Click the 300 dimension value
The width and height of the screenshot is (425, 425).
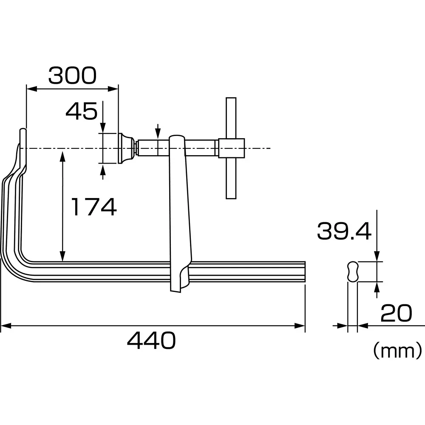click(72, 76)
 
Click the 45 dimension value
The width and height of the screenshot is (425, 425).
click(81, 111)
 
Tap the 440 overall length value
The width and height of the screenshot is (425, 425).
click(152, 340)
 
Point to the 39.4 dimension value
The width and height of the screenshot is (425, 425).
click(344, 232)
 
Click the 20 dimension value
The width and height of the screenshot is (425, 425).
click(396, 314)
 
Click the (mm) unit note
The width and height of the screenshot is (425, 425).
click(397, 351)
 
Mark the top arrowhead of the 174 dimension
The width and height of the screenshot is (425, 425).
click(62, 155)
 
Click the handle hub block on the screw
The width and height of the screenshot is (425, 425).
click(231, 148)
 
